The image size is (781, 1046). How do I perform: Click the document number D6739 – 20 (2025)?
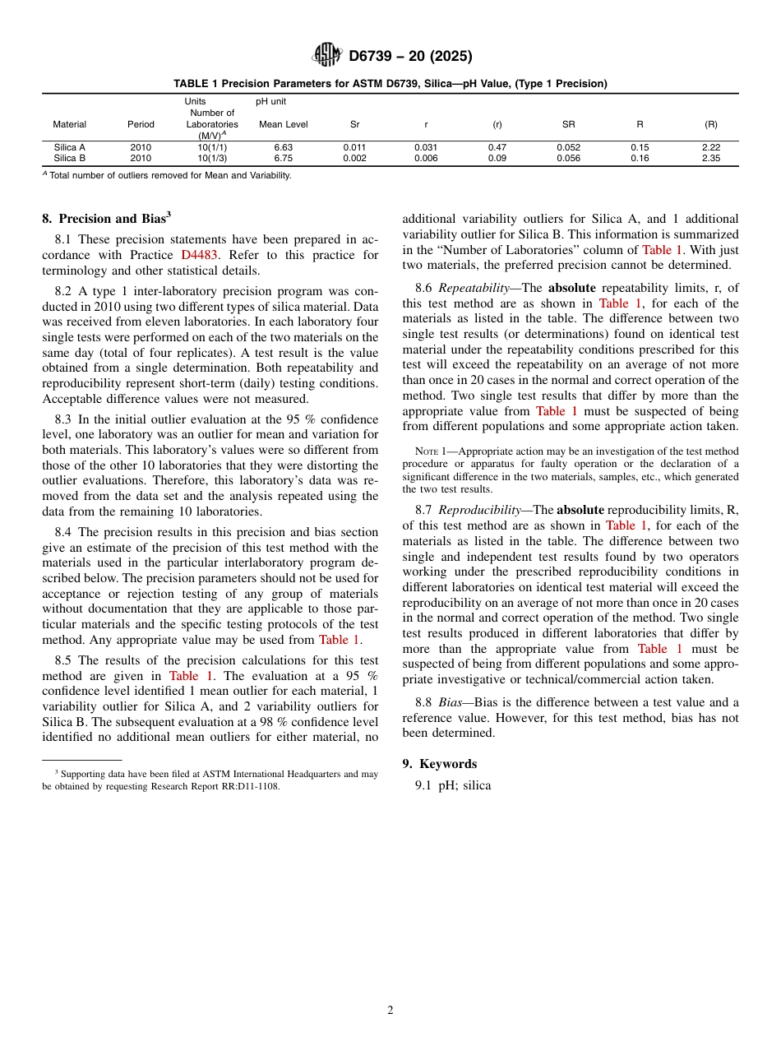(x=409, y=57)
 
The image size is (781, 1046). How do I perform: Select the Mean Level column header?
(x=283, y=125)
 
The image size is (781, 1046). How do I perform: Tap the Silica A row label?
(x=70, y=148)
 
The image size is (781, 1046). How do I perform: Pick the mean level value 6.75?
(x=283, y=158)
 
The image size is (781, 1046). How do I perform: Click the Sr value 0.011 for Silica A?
(x=354, y=148)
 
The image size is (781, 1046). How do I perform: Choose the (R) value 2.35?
(x=710, y=158)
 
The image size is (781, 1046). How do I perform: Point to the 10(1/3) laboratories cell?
(x=212, y=158)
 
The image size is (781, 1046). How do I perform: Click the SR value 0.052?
(x=568, y=148)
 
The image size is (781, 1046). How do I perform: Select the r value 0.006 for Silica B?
(x=426, y=158)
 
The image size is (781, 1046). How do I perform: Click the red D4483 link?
(x=199, y=255)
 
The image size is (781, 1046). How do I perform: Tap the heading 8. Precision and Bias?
(x=106, y=219)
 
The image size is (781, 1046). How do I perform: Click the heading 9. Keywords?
(x=439, y=764)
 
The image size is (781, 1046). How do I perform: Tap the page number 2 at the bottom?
(x=390, y=1011)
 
